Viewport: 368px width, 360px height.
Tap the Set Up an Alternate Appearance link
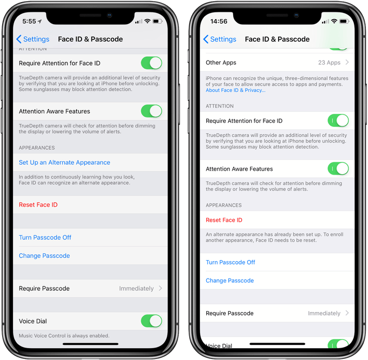point(64,162)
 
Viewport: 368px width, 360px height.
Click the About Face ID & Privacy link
point(235,90)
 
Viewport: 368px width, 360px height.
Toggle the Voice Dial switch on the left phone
point(151,321)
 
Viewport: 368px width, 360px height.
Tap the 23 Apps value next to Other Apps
point(329,62)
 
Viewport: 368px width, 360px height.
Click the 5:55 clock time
point(29,21)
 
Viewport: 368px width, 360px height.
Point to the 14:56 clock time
point(219,21)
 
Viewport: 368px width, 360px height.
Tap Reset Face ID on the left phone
point(38,204)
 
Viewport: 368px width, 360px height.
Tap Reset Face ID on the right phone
point(224,220)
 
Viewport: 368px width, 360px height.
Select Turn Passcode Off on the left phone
point(45,238)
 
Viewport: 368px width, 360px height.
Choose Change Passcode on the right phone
point(230,280)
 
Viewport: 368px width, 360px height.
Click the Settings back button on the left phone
point(33,39)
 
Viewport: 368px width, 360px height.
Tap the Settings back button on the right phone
point(220,39)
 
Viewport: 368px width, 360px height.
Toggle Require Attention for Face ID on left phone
point(151,63)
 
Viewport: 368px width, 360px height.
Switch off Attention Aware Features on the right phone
point(338,168)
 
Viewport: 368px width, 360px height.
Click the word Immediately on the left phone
point(137,289)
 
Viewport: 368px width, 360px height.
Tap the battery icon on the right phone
point(344,21)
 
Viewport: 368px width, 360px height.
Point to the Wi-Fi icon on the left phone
point(147,21)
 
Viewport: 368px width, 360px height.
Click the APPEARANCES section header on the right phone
point(224,205)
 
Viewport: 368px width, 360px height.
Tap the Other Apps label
point(221,63)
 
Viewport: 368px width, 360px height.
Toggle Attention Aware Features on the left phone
point(151,111)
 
